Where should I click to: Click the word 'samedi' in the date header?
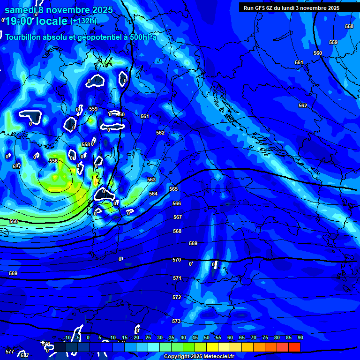coord(20,10)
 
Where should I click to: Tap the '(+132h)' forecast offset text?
coord(83,21)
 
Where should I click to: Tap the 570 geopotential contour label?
coord(177,260)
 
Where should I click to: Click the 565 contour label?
coord(173,189)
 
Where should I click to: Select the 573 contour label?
coord(176,321)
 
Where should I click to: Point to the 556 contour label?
coord(53,161)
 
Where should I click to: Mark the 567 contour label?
coord(177,217)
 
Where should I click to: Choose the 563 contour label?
coord(151,180)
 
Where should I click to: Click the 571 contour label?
coord(177,278)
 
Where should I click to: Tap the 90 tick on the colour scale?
coord(300,337)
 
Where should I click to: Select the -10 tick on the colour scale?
coord(67,337)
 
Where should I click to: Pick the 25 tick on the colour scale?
coord(148,337)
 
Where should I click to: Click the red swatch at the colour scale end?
coord(294,347)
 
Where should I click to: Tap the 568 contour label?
coord(177,231)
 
